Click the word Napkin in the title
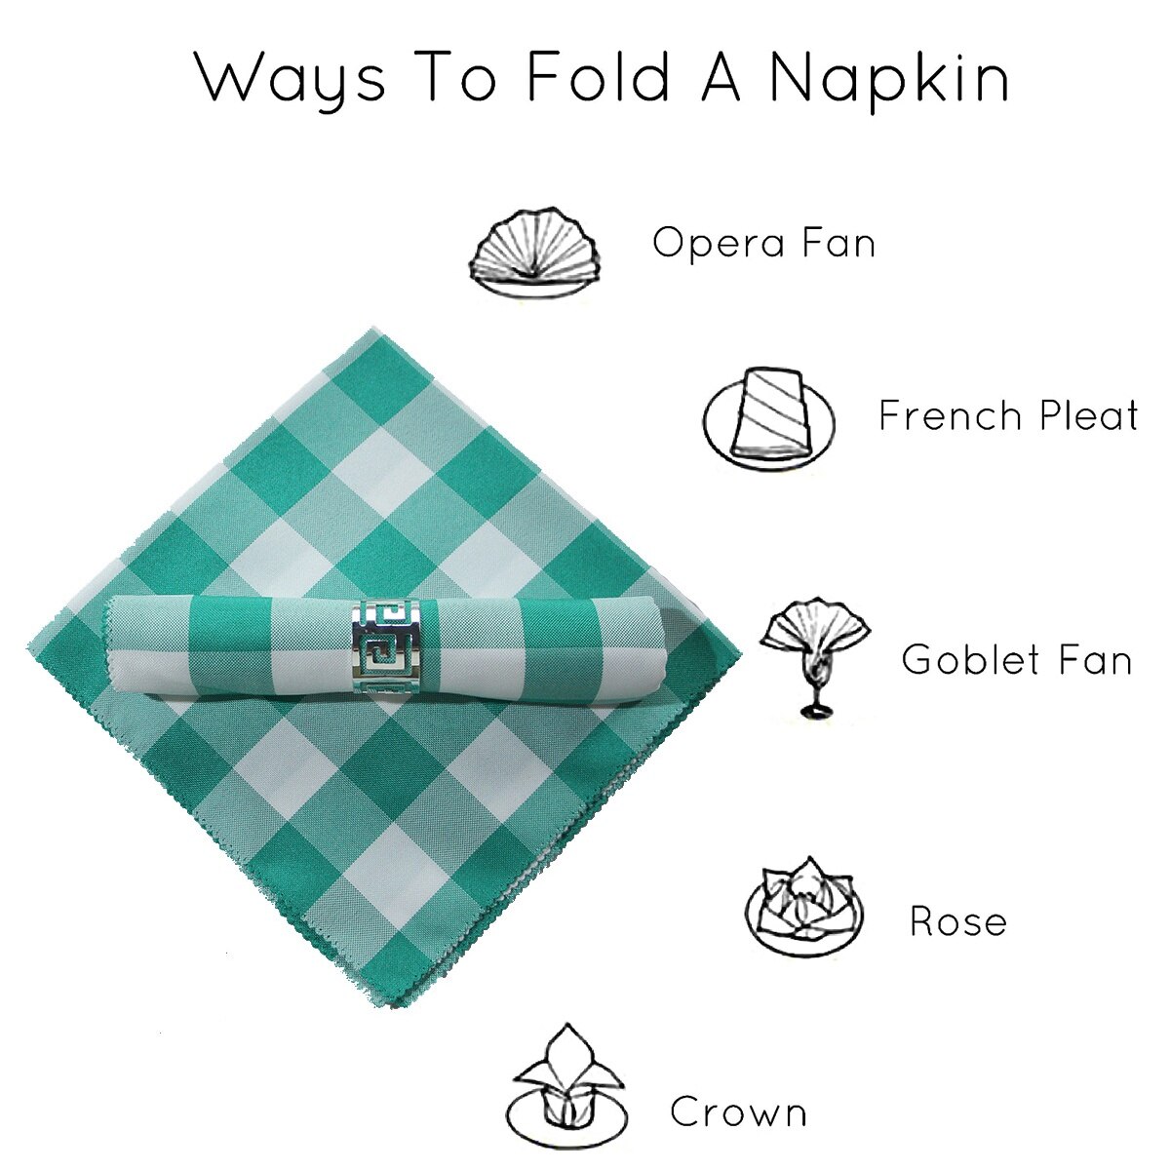890,79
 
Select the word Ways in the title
290,79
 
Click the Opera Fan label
763,242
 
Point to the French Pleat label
1008,415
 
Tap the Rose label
958,921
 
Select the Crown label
738,1112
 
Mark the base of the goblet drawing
816,710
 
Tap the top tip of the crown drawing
567,1024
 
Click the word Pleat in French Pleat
1089,415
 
